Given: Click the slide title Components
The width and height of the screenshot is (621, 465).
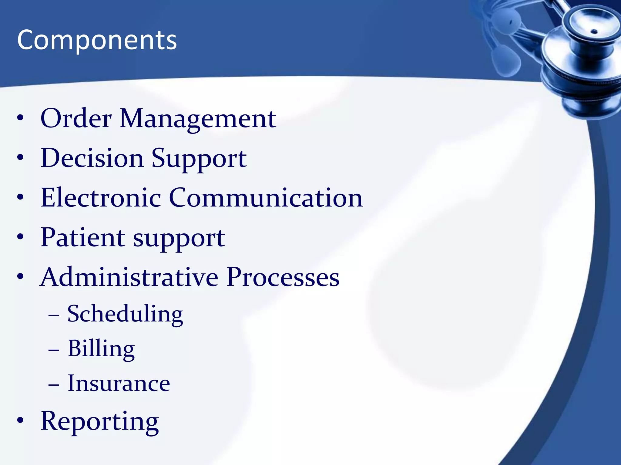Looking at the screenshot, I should coord(97,40).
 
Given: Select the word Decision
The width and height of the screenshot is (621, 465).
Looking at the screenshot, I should coord(92,158).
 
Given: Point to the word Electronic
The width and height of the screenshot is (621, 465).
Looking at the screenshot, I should coord(100,198).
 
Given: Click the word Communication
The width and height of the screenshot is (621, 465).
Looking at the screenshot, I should coord(266,198).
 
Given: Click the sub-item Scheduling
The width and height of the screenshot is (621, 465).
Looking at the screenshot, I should coord(125,314).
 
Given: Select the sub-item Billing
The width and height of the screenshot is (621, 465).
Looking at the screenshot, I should coord(101,349).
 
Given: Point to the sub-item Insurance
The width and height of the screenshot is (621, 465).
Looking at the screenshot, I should coord(119,384).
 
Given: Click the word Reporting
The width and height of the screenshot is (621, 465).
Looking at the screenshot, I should coord(99,421).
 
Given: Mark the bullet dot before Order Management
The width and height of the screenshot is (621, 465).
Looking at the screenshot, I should coord(20,118).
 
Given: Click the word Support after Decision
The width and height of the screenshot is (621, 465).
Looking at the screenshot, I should coord(199,159).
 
